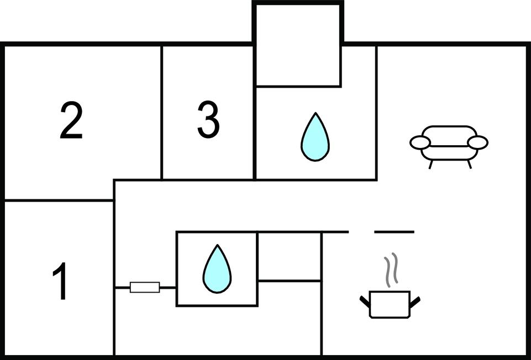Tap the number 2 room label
(71, 121)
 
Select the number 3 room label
(208, 121)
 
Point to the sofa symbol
(449, 144)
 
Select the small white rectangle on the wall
(145, 287)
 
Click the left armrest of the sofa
(420, 142)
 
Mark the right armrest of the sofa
(477, 142)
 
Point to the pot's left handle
(365, 301)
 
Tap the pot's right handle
(414, 301)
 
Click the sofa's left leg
(431, 163)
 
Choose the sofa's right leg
(470, 163)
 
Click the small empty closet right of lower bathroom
(289, 256)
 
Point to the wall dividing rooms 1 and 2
(59, 200)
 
